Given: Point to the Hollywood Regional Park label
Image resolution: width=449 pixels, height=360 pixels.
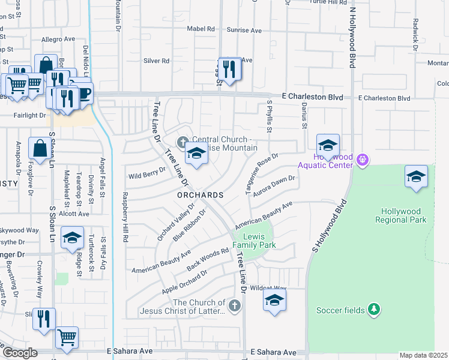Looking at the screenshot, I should tap(404, 215).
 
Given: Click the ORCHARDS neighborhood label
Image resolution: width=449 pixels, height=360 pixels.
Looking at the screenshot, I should tap(200, 196).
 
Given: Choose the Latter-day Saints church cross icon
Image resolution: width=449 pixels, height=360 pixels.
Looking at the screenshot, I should tap(235, 307).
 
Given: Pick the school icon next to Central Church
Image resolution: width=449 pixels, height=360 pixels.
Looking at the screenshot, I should tap(196, 154).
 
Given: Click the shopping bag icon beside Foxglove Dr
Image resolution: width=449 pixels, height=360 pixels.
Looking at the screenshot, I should tap(40, 149).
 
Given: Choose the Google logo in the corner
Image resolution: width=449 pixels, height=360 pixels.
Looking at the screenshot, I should tap(20, 353).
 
